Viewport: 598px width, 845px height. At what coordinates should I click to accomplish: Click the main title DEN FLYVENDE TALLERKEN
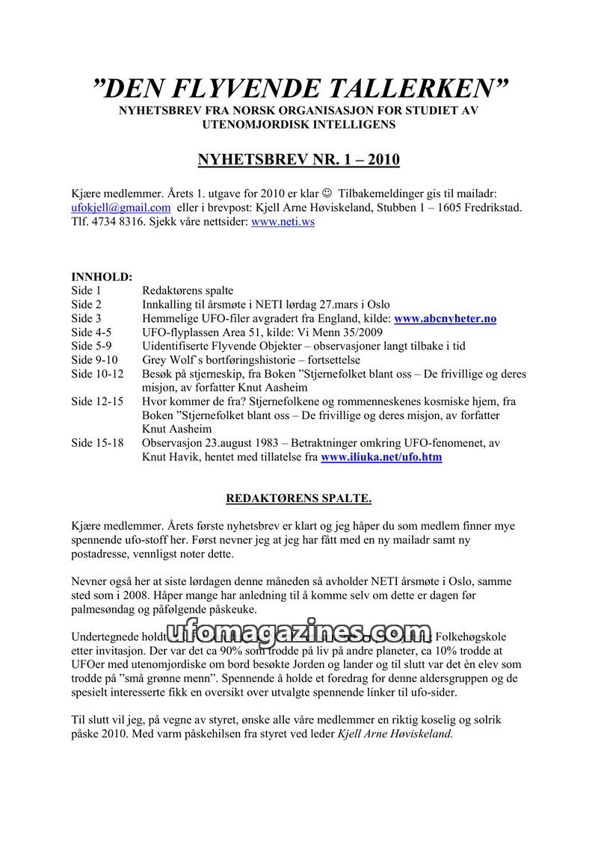click(x=299, y=88)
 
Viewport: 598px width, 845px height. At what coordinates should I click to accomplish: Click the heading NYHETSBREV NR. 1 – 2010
click(x=298, y=160)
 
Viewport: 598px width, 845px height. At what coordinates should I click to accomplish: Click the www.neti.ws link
click(x=283, y=223)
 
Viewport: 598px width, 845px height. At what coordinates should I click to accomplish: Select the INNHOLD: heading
click(x=102, y=276)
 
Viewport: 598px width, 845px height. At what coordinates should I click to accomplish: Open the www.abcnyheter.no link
click(x=446, y=319)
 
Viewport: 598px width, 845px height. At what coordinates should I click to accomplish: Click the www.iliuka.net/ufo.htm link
click(x=381, y=457)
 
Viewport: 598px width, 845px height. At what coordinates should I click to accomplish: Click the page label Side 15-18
click(x=97, y=443)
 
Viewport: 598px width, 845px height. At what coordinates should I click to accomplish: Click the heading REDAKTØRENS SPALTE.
click(x=299, y=498)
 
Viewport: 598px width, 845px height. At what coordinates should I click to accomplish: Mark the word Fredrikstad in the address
click(x=490, y=208)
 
